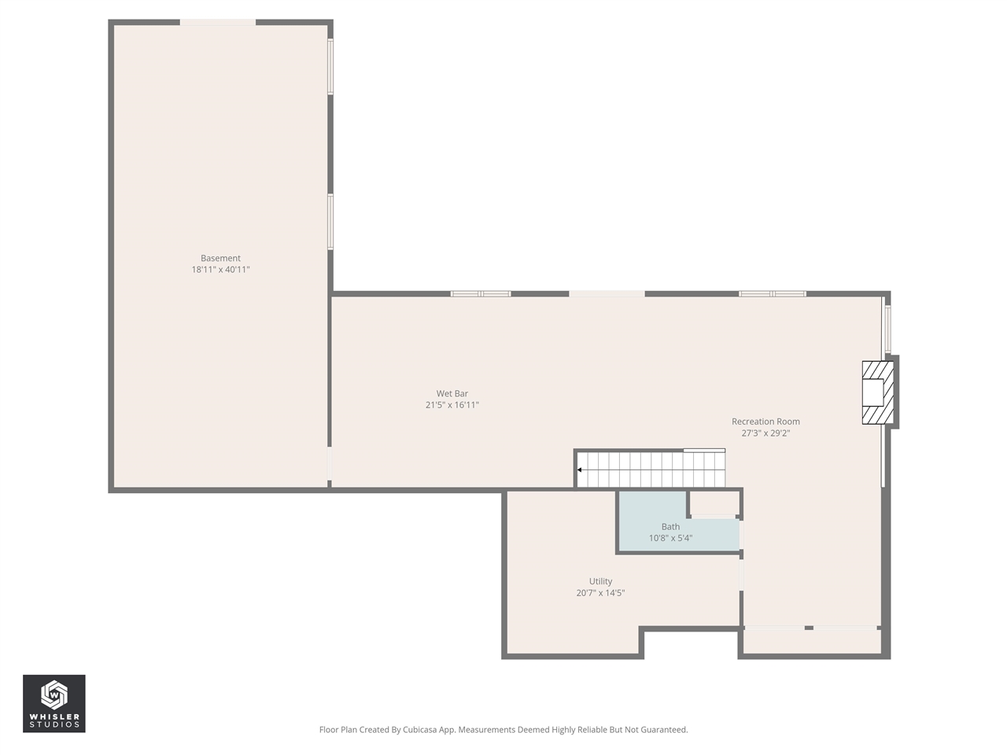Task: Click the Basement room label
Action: click(x=220, y=258)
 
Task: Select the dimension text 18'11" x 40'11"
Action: click(x=220, y=270)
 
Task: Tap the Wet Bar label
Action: click(x=452, y=394)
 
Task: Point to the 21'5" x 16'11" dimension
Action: click(x=452, y=405)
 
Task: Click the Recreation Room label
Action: click(x=765, y=422)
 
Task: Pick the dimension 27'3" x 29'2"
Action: click(x=765, y=433)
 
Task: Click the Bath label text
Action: click(x=670, y=527)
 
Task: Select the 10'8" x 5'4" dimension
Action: click(x=670, y=539)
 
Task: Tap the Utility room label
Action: click(x=600, y=582)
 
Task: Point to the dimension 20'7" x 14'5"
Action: click(x=600, y=593)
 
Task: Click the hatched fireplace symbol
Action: click(x=878, y=392)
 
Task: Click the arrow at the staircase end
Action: click(x=580, y=470)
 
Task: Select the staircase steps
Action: click(x=653, y=470)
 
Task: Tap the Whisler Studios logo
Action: click(x=54, y=703)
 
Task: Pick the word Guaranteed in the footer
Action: click(x=661, y=730)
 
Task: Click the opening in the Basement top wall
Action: click(x=218, y=23)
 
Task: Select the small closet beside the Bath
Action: click(x=714, y=503)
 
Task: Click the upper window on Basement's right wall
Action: click(x=330, y=67)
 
